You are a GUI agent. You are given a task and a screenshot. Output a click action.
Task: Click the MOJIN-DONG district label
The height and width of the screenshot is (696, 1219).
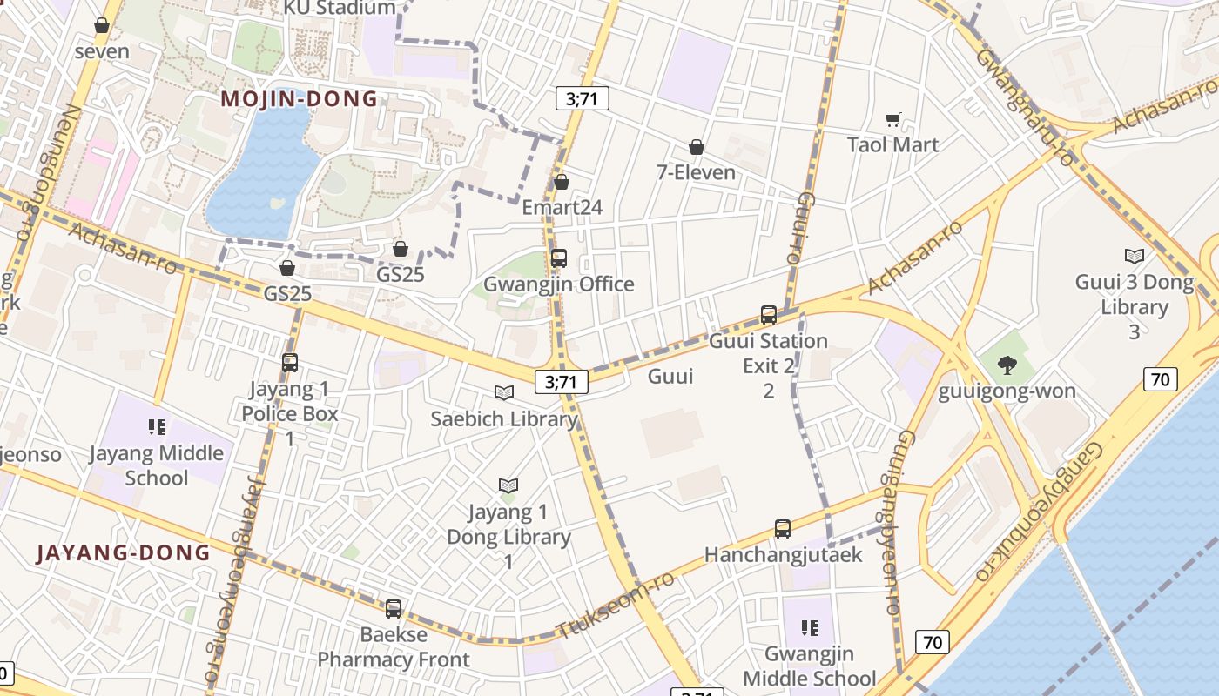(300, 98)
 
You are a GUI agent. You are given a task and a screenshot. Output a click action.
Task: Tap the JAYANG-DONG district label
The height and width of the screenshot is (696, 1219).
(124, 552)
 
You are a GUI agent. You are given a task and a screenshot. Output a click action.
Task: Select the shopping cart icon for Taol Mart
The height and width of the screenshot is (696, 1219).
(892, 120)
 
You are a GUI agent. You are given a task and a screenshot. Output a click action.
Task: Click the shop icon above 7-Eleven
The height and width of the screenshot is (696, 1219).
(696, 147)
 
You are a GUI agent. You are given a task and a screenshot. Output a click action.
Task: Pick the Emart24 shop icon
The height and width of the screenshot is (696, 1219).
(562, 182)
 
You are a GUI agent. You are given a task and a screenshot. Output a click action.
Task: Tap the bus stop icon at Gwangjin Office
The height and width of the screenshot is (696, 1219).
(559, 258)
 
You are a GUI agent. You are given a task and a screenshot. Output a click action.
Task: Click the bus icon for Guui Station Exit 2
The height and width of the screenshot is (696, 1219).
(768, 315)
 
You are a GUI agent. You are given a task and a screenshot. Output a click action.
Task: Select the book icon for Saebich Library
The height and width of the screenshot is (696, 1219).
(504, 392)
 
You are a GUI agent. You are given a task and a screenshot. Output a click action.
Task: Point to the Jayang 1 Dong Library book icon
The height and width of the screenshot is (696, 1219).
(508, 485)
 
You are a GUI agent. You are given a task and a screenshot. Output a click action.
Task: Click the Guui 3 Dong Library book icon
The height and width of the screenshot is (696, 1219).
(1134, 256)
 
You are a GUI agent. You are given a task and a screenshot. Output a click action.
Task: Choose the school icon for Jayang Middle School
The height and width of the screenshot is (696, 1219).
(157, 427)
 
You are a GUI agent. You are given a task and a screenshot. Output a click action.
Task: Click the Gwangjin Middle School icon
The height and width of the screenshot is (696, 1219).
(810, 627)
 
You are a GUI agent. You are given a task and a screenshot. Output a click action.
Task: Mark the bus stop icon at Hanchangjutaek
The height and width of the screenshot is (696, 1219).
(782, 528)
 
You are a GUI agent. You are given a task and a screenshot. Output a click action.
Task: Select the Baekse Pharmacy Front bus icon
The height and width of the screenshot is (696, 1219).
(394, 608)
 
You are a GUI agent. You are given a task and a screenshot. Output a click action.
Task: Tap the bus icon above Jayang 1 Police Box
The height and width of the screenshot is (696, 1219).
(290, 363)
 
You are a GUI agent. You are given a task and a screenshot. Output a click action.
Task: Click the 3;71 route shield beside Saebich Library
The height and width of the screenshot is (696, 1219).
(562, 381)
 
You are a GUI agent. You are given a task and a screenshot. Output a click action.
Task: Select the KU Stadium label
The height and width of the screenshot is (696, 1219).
(340, 8)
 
